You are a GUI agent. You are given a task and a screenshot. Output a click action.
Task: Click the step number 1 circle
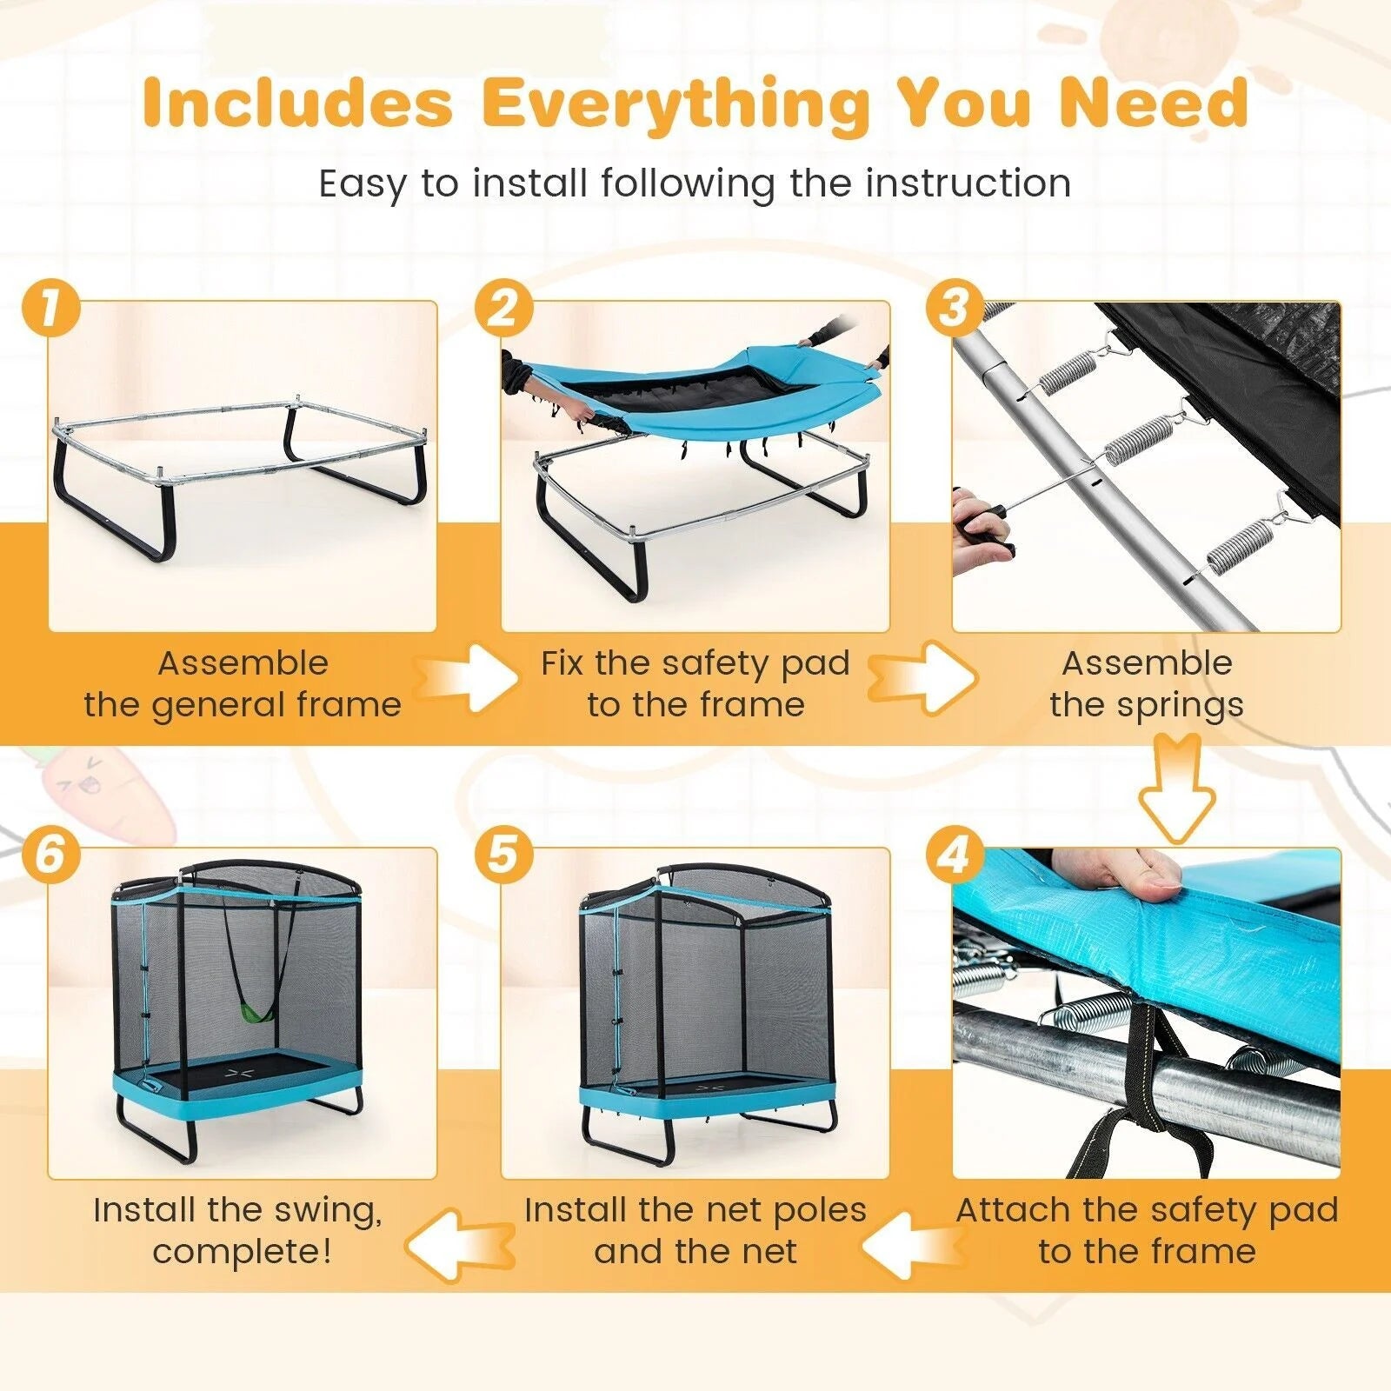[50, 309]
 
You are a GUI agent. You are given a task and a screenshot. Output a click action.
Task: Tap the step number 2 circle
[503, 309]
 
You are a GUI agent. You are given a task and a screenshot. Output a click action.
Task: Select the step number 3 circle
[955, 309]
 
